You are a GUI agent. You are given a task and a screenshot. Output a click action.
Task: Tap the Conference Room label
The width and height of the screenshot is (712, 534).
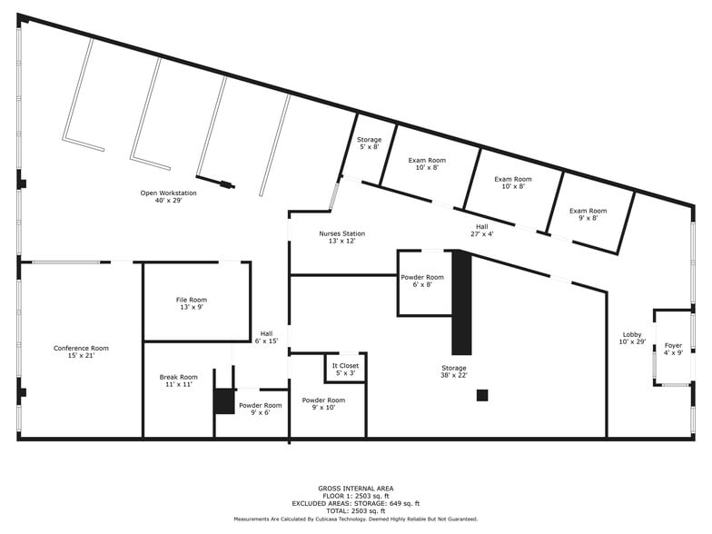coord(81,351)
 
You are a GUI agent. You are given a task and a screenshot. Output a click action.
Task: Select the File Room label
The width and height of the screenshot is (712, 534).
coord(191,303)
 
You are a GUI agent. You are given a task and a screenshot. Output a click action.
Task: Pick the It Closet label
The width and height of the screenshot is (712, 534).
coord(345,369)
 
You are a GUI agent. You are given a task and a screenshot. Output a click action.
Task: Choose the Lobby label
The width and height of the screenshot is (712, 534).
coord(632,338)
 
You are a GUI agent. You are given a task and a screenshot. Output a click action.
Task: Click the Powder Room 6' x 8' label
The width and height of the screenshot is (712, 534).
coord(423,281)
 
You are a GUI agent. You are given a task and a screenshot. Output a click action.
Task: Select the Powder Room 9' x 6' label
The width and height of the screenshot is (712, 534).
coord(260,409)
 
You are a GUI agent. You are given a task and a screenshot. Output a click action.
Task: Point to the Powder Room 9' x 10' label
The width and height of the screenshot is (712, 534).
coord(323,403)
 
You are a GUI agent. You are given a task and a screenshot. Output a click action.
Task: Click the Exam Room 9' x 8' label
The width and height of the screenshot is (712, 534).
coord(588,214)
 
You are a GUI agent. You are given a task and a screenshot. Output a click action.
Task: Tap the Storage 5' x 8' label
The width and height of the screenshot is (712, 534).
coord(369,143)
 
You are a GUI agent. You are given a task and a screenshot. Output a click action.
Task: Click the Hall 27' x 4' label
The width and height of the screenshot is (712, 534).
coord(481,230)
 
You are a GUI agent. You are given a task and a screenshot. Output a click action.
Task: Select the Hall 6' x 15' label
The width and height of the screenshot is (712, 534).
coord(266,337)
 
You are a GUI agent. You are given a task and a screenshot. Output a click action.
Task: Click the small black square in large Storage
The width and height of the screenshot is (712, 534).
coord(482,395)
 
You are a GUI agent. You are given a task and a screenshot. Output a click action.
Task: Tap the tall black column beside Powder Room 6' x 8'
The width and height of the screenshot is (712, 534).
coord(461,303)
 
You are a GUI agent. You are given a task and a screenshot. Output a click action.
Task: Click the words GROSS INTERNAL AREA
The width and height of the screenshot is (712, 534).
coord(355,489)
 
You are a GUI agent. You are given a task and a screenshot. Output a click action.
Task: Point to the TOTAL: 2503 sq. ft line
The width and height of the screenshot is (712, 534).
coord(355,510)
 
